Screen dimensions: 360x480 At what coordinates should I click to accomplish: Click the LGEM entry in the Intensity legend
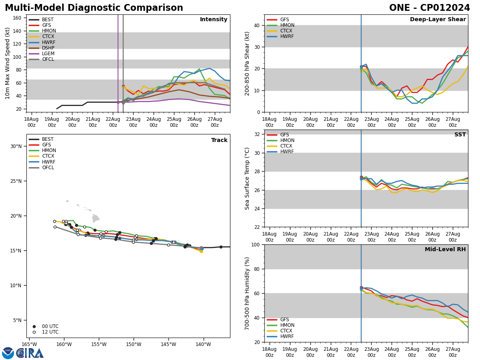point(48,54)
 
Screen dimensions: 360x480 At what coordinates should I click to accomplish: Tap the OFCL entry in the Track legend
point(48,168)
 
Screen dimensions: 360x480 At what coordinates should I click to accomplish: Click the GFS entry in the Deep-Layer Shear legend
point(284,20)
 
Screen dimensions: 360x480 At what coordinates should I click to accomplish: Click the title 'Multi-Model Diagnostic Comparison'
point(94,8)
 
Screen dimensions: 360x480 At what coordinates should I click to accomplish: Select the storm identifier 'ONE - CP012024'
point(430,8)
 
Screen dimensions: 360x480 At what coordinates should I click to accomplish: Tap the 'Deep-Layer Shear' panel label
point(438,20)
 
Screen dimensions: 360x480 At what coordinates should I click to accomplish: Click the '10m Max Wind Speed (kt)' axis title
point(7,63)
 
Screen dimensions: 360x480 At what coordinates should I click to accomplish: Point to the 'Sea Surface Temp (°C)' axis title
point(247,178)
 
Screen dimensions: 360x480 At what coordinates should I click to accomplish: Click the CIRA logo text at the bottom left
point(30,353)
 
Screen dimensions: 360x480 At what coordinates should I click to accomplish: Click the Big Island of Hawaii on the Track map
point(96,218)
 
